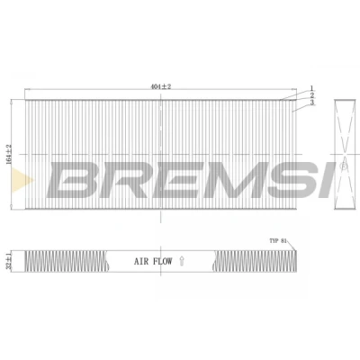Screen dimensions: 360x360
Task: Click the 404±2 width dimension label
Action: [x=160, y=86]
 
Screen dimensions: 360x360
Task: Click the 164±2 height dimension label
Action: [x=9, y=154]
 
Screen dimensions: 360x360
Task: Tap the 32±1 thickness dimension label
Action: [x=9, y=261]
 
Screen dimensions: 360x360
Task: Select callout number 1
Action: [x=311, y=88]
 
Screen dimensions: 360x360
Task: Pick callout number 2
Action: [x=312, y=95]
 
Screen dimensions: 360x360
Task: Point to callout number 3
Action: [x=312, y=103]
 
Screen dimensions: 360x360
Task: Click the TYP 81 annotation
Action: [x=278, y=241]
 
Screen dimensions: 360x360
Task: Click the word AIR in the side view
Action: [x=141, y=261]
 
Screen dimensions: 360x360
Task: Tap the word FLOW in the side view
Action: [x=162, y=261]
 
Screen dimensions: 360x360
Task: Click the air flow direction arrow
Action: [x=181, y=261]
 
